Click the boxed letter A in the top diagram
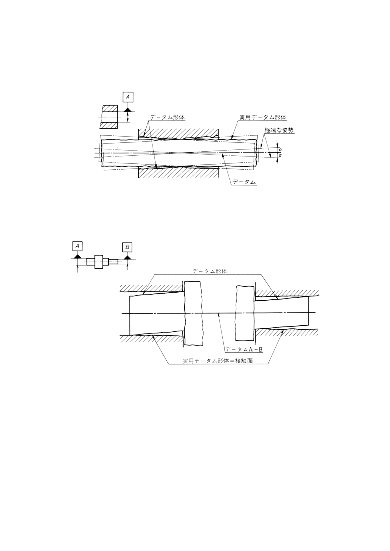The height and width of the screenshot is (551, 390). (x=128, y=97)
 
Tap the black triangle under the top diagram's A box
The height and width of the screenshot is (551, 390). (x=128, y=109)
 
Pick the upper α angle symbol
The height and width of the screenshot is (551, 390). (x=281, y=149)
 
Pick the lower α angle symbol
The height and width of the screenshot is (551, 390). (x=281, y=155)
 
